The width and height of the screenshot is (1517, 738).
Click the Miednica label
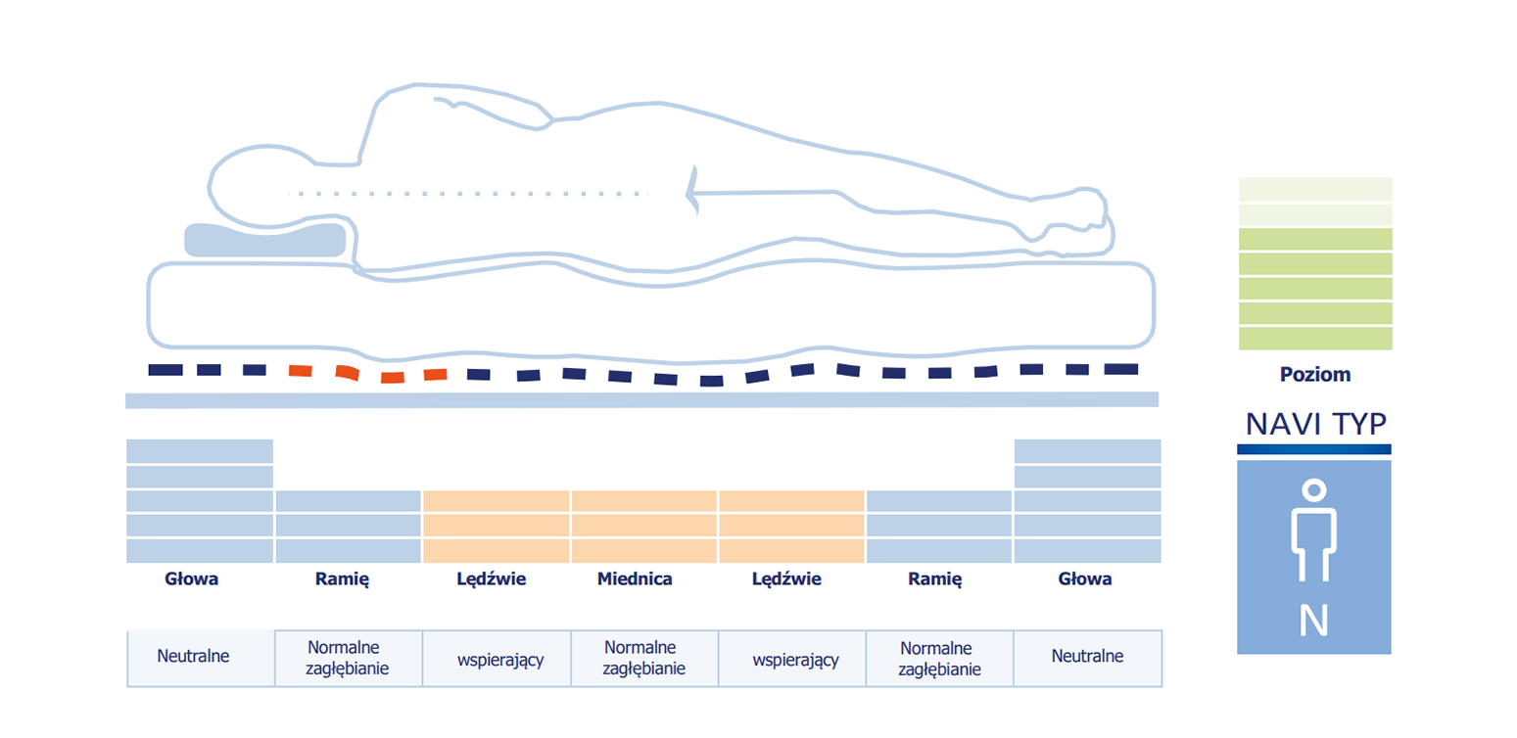pos(635,578)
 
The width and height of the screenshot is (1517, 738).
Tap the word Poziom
pos(1315,375)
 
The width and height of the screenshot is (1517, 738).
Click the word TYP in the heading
pos(1360,425)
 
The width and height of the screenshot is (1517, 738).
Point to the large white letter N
pos(1314,621)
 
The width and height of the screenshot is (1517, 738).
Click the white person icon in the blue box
pos(1314,530)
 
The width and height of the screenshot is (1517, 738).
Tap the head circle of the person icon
pos(1314,489)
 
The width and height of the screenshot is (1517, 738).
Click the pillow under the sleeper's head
pos(265,241)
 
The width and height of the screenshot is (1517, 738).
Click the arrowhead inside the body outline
pos(692,192)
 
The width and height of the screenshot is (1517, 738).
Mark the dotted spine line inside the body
pos(467,194)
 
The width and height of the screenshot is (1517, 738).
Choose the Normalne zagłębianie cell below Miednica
pos(644,658)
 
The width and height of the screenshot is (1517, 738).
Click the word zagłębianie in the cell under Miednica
pos(644,669)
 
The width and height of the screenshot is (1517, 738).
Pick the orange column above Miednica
pos(644,527)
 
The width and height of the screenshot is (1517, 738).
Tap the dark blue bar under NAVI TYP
pos(1314,449)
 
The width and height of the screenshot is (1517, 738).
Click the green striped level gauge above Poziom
pos(1315,264)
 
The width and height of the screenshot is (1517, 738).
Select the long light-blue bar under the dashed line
pos(642,400)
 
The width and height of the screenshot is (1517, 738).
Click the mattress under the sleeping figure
pos(650,311)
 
